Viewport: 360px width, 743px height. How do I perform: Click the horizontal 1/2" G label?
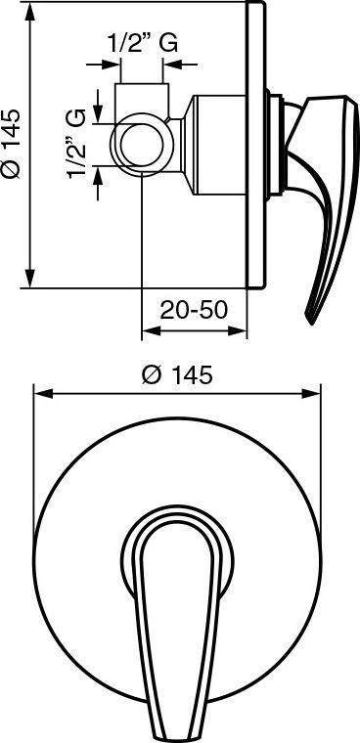click(143, 44)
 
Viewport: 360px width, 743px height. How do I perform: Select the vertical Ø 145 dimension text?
click(11, 144)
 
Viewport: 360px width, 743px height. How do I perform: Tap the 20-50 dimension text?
click(194, 310)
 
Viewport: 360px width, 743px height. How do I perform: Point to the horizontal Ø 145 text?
click(176, 376)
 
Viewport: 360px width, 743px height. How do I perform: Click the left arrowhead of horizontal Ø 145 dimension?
click(42, 394)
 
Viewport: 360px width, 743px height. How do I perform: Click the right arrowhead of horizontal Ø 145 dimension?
click(312, 394)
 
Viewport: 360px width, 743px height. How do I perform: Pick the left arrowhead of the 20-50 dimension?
click(151, 331)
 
